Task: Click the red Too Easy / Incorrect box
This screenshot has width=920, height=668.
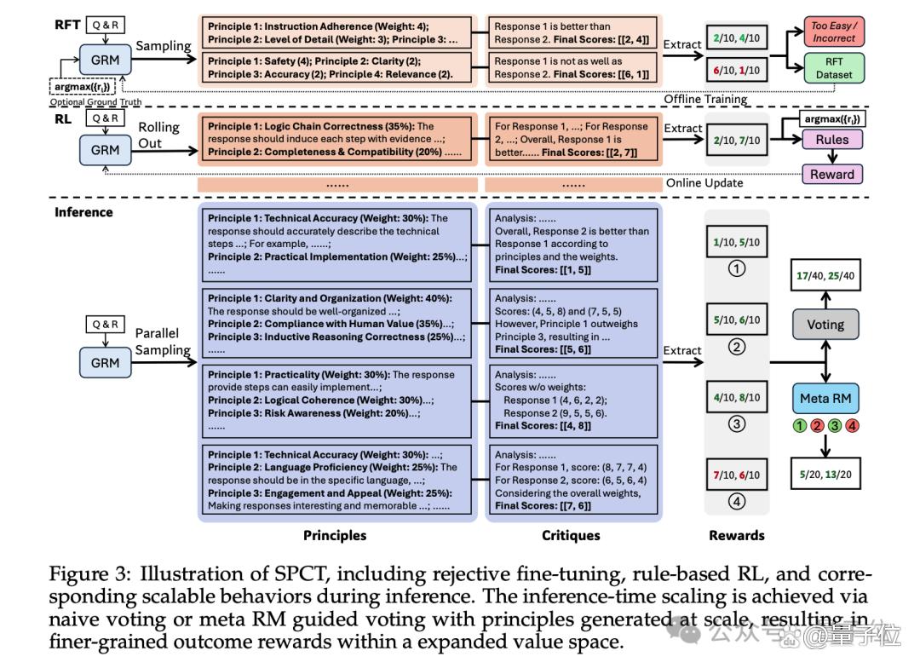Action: [x=833, y=32]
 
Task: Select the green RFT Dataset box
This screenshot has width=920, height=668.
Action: [x=833, y=68]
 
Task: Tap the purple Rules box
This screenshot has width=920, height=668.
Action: [x=832, y=140]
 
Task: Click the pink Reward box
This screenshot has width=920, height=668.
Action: [x=832, y=175]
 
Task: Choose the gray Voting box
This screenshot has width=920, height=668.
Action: [x=825, y=325]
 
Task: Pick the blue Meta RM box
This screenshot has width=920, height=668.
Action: [x=825, y=399]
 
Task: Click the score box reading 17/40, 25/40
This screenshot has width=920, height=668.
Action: [x=825, y=275]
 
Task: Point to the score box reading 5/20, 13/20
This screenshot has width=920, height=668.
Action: [x=825, y=474]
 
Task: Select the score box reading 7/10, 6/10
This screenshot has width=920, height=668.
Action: [x=736, y=475]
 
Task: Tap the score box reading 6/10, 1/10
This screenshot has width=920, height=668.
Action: [x=736, y=71]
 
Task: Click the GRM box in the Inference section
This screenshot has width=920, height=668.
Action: [x=105, y=363]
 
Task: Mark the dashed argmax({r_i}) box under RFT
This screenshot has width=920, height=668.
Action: [x=82, y=86]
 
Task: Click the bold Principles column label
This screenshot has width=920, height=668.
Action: [x=335, y=535]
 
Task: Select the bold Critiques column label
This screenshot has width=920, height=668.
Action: [x=571, y=535]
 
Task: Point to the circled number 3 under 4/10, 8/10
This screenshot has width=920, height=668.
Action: [x=736, y=423]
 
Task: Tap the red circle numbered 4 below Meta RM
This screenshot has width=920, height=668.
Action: [x=852, y=425]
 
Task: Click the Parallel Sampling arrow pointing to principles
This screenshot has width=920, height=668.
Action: [x=164, y=362]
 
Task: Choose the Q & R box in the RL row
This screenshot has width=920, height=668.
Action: [x=105, y=118]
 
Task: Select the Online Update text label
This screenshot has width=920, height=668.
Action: [x=704, y=182]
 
